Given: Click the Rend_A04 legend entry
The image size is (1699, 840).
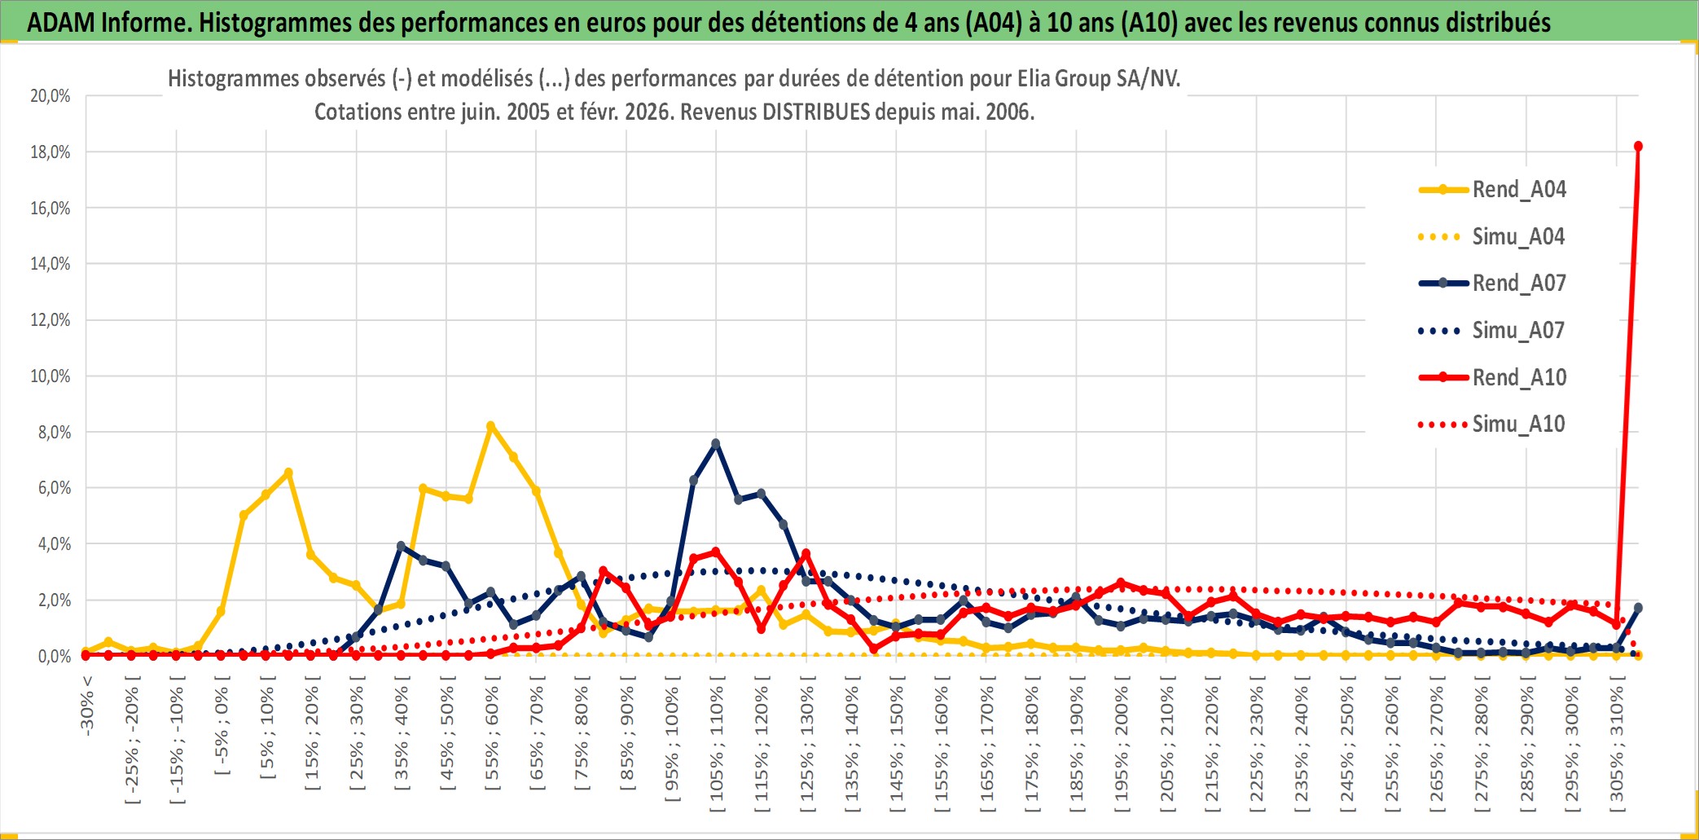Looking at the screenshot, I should pyautogui.click(x=1518, y=190).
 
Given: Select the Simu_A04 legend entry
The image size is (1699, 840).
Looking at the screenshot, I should pyautogui.click(x=1518, y=237).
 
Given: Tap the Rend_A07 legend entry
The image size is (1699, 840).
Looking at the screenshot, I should pyautogui.click(x=1518, y=284).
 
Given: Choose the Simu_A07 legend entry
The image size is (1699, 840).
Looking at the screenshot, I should pyautogui.click(x=1518, y=331).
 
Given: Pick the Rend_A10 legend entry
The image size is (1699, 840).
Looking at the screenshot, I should pyautogui.click(x=1518, y=378).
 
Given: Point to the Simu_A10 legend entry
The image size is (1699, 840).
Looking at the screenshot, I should pyautogui.click(x=1518, y=424).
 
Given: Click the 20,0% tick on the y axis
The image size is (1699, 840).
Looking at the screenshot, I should pyautogui.click(x=50, y=96).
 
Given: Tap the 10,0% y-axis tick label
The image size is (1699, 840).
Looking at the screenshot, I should pyautogui.click(x=50, y=376).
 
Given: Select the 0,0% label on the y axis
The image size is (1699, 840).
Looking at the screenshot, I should pyautogui.click(x=54, y=657).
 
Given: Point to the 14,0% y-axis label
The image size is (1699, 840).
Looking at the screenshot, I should pyautogui.click(x=50, y=264).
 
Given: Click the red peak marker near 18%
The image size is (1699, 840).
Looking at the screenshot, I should pyautogui.click(x=1638, y=147).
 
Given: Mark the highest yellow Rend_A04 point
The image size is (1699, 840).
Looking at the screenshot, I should pyautogui.click(x=490, y=426).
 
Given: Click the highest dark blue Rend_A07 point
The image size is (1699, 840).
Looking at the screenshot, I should pyautogui.click(x=716, y=444).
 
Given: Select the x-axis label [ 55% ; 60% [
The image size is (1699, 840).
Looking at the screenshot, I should pyautogui.click(x=491, y=737).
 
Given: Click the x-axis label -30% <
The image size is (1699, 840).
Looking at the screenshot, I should pyautogui.click(x=87, y=706).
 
